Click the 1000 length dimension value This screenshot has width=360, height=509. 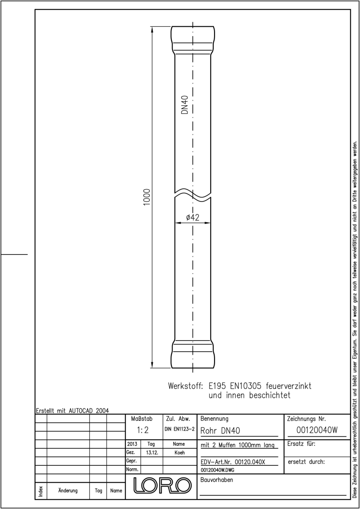pos(147,197)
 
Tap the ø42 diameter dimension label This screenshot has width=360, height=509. pos(193,218)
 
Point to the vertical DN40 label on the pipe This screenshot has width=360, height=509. pos(185,104)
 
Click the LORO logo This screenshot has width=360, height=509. pos(162,485)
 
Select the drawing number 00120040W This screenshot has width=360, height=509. pos(317,430)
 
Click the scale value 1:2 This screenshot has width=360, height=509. pos(142,430)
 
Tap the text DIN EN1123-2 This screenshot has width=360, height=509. pos(180,429)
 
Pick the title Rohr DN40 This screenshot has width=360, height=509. pos(220,431)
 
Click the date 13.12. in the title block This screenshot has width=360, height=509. pos(152,453)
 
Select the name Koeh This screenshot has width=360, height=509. pos(179,453)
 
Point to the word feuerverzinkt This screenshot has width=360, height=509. pos(288,386)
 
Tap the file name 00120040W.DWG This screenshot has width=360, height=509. pos(217,470)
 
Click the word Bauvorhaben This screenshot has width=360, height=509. pos(216,480)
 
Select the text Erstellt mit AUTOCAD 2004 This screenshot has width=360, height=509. pos(73,411)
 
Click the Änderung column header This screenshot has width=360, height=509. pos(68,491)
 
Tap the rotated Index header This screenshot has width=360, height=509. pos(41,491)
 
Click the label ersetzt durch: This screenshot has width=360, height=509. pos(306,462)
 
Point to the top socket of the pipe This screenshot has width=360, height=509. pos(193,40)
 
